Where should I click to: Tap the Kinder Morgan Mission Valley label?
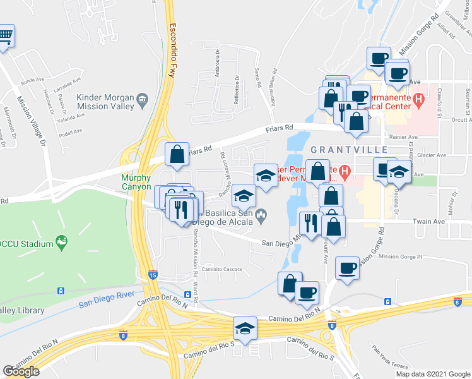tap(105, 102)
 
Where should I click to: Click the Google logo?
tap(21, 371)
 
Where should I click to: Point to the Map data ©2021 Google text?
tap(433, 374)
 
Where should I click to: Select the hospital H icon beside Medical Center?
tap(418, 99)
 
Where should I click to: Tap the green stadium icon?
tap(61, 241)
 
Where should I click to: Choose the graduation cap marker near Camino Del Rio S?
tap(245, 328)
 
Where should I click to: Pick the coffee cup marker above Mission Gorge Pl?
tap(347, 268)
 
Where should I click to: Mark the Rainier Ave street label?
tap(404, 137)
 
